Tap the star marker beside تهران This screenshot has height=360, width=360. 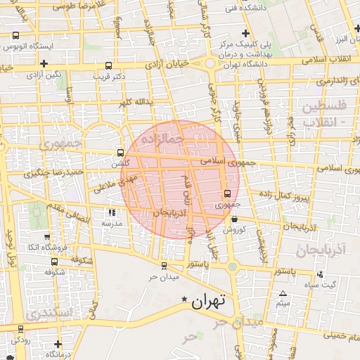(185, 300)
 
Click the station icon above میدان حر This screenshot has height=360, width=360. (165, 265)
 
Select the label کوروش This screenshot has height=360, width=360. (233, 230)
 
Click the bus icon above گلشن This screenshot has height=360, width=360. (121, 152)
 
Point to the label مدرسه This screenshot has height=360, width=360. (112, 223)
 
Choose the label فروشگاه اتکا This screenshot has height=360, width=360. (47, 247)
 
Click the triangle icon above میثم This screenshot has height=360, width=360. (283, 293)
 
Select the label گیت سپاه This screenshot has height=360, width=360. (324, 284)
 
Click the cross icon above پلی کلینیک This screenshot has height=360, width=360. (245, 32)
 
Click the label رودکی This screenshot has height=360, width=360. (20, 338)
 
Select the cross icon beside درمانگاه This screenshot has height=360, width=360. (58, 344)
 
